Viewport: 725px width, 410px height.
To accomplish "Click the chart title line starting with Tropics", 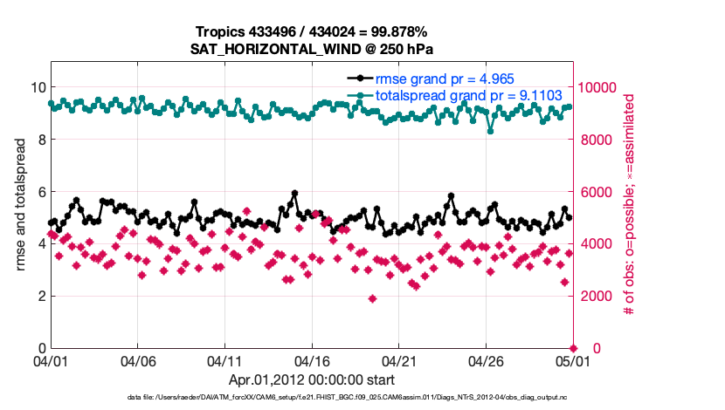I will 312,31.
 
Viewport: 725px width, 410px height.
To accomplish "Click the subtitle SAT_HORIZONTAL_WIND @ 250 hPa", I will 312,49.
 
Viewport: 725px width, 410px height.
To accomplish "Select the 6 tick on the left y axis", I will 40,192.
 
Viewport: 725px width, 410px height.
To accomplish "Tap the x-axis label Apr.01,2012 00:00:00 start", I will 312,380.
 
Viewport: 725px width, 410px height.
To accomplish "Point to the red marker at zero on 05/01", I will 574,348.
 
